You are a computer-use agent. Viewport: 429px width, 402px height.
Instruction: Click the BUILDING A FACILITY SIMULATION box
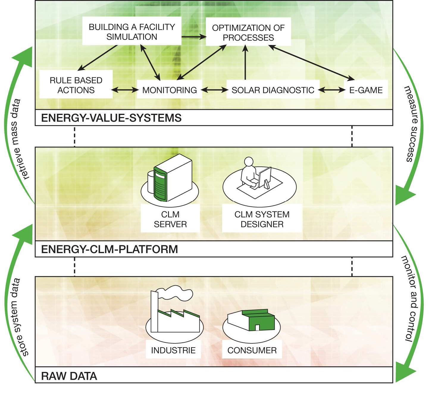tap(132, 32)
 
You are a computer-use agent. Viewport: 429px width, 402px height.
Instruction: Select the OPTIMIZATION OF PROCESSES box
tap(248, 32)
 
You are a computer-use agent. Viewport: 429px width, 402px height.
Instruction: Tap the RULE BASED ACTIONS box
tap(76, 85)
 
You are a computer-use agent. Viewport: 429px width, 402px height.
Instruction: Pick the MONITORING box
tap(169, 90)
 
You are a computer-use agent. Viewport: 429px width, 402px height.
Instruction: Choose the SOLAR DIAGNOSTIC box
tap(273, 90)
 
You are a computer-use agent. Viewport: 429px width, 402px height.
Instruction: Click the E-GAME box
tap(366, 90)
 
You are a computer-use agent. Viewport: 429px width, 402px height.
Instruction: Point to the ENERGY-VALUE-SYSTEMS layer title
tap(111, 118)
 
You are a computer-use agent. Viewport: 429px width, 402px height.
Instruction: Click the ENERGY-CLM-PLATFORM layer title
tap(109, 249)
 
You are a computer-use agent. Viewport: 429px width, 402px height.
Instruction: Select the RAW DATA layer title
tap(69, 376)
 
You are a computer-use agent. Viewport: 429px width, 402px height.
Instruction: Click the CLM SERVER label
tap(170, 219)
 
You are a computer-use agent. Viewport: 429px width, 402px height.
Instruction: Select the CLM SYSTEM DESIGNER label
tap(262, 219)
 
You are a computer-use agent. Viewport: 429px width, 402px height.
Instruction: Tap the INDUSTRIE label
tap(173, 350)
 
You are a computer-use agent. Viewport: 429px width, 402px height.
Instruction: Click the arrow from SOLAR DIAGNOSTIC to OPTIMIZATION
tap(245, 63)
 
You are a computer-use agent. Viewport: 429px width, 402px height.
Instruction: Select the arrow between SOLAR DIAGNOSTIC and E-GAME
tap(332, 90)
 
